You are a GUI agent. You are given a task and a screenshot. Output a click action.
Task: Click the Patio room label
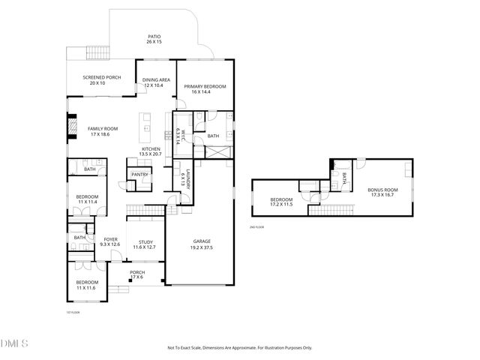point(154,39)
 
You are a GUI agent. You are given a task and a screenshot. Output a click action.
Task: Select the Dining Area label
point(157,82)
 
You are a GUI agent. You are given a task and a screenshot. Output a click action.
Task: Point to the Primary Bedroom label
point(205,89)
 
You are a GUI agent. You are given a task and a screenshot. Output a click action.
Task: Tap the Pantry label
point(139,175)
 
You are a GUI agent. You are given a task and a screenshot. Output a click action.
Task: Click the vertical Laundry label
point(182,180)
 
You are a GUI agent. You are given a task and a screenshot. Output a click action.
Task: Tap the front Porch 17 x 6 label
point(137,274)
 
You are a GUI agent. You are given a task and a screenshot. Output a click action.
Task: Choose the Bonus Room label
point(382,193)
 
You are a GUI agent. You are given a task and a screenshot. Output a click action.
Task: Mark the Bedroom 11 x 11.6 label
point(85,285)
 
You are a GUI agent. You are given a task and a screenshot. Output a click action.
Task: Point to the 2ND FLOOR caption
point(257,226)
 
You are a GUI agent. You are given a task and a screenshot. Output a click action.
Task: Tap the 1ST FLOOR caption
point(73,311)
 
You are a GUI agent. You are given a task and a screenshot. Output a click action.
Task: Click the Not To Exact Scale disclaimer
point(239,348)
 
